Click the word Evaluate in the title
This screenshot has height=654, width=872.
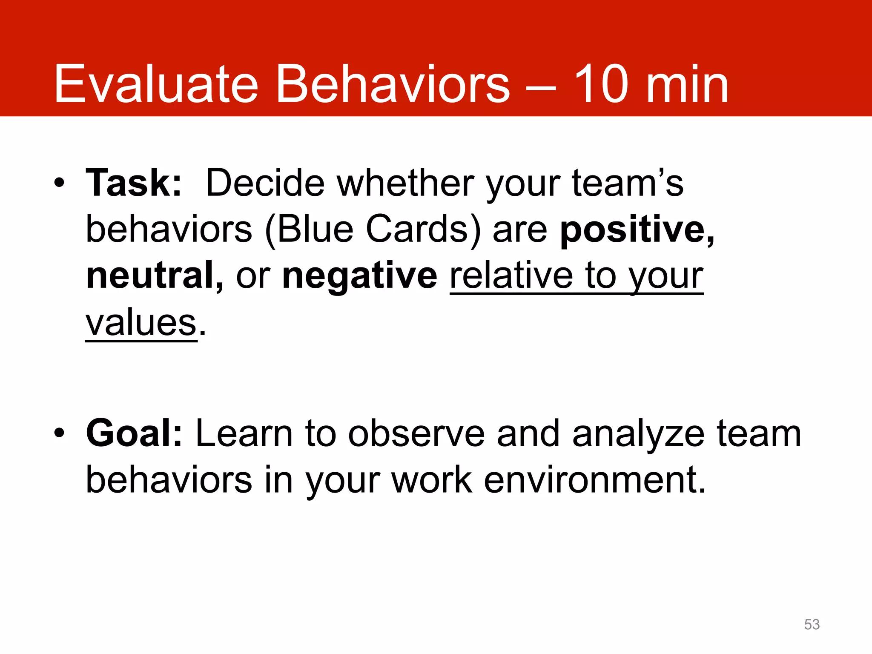click(156, 84)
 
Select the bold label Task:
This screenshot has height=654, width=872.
click(134, 183)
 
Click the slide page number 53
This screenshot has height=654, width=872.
click(812, 624)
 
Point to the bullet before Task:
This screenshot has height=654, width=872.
click(60, 184)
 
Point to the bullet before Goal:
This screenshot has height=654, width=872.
click(60, 433)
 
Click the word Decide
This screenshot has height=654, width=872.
click(265, 183)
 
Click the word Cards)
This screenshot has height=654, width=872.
click(423, 229)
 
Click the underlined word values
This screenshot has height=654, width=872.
click(141, 322)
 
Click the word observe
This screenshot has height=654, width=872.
click(416, 433)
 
